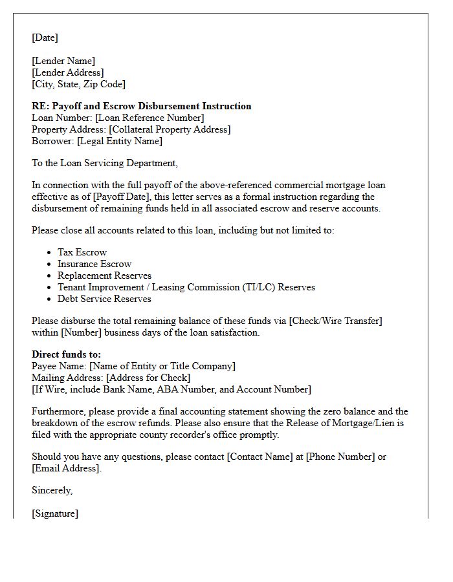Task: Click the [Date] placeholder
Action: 45,38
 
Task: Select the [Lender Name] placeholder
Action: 63,61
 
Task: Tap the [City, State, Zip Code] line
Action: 78,84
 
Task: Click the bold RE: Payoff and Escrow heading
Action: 141,106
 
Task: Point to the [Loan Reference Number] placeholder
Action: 149,118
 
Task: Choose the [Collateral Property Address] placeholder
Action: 169,129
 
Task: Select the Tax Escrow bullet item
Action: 82,252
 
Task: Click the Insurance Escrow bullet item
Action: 94,264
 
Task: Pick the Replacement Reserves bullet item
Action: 104,275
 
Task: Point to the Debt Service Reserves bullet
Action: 104,299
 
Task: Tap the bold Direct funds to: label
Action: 66,354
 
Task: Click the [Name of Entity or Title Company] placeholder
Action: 162,366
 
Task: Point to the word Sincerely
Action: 52,490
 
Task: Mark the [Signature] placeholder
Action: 55,513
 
